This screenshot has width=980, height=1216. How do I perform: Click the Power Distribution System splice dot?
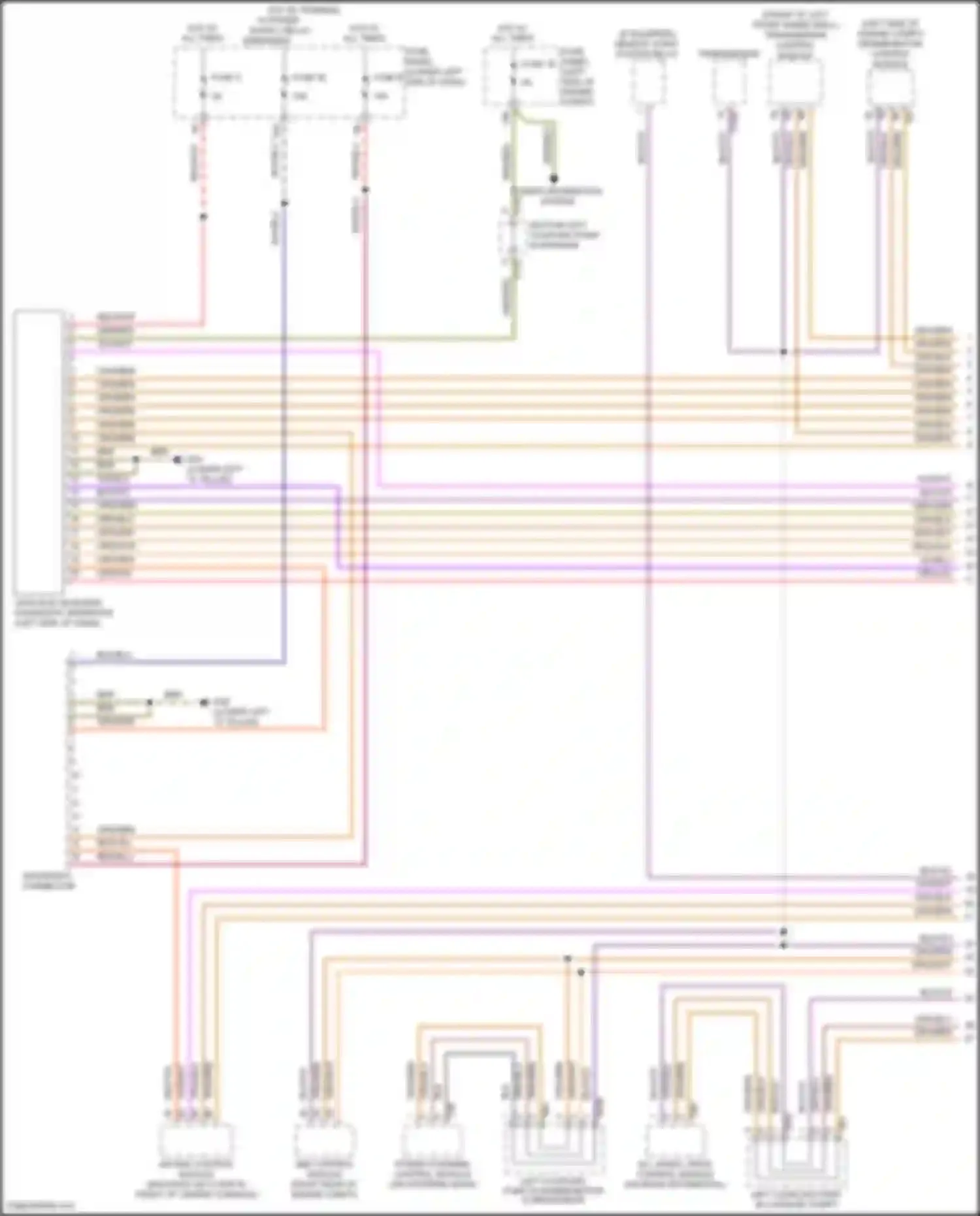[553, 178]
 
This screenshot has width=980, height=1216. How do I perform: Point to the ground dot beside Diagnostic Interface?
[176, 460]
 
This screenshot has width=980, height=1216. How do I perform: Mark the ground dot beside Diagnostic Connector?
[203, 703]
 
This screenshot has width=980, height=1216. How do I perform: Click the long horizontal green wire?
[294, 339]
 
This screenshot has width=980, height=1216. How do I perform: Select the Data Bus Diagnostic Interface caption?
[62, 613]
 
